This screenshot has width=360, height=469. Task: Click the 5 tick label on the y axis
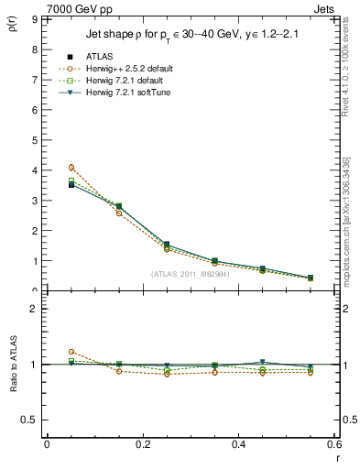(33, 140)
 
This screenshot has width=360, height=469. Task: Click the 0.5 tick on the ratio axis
(30, 420)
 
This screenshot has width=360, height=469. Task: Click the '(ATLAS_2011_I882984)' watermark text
(190, 274)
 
